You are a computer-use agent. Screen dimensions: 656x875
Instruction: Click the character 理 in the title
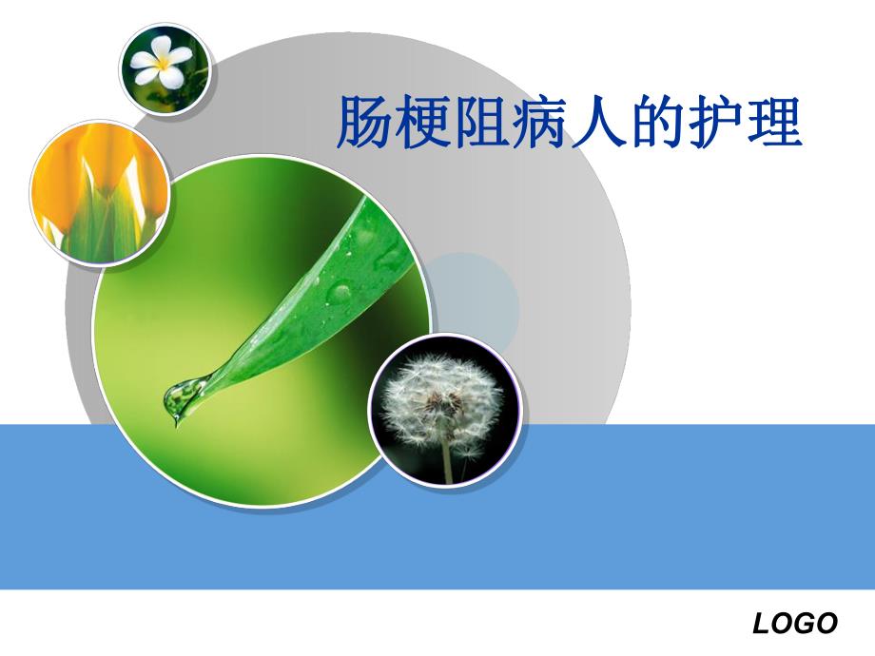(775, 123)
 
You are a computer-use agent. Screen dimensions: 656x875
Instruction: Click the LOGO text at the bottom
(795, 624)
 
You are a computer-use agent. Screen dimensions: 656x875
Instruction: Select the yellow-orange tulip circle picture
(99, 193)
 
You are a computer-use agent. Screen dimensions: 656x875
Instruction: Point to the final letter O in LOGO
(826, 624)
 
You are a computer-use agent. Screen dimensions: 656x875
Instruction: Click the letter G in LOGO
(804, 624)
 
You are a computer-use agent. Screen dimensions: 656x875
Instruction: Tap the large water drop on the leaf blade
(338, 290)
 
